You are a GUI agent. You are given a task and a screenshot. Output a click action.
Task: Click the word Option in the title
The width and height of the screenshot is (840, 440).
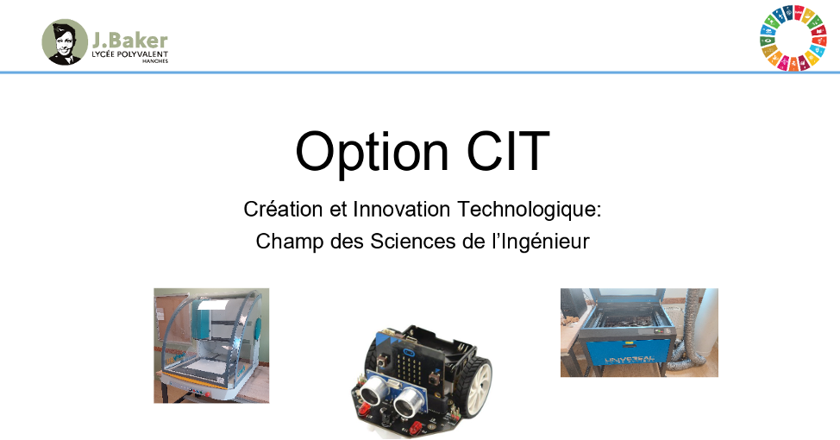coord(372,152)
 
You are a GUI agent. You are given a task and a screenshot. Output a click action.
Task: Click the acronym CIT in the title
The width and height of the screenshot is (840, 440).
coord(508,151)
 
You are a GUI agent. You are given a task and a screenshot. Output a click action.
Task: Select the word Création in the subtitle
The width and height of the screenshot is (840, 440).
coord(283,209)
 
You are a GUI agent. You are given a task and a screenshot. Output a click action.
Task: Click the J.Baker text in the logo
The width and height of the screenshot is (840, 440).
coord(130,41)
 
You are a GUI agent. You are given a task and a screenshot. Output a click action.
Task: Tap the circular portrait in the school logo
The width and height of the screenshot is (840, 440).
coord(65,42)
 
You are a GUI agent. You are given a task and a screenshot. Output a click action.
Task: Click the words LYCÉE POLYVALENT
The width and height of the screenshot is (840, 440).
coord(129,54)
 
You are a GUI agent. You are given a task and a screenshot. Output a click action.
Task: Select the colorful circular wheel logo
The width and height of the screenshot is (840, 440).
coord(793,39)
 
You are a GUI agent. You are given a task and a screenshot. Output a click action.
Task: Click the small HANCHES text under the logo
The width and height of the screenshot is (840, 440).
coord(155,61)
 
